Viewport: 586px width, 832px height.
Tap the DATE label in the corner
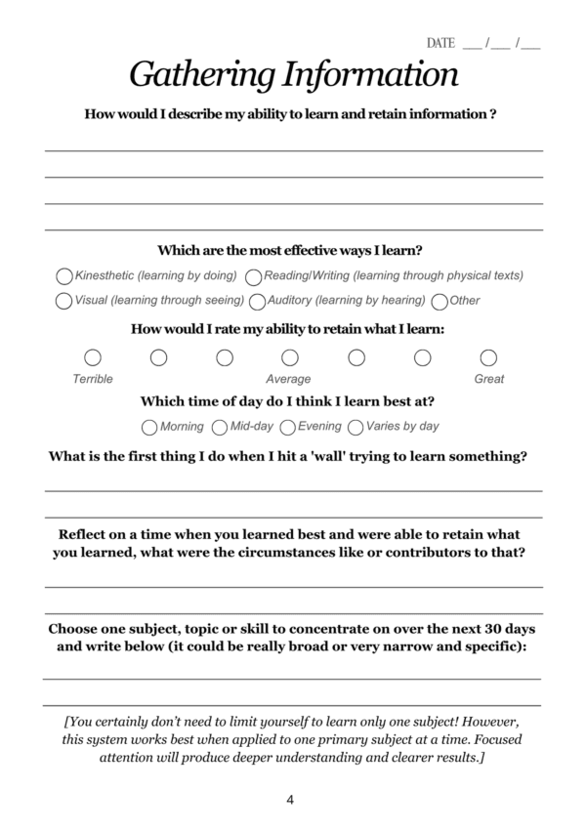440,43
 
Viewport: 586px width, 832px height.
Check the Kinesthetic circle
64,276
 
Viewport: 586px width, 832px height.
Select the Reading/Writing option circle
253,276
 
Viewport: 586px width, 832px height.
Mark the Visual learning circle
64,301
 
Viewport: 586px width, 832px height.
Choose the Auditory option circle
257,301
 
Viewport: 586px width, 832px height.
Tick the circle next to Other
439,301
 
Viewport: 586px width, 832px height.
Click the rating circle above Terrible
93,357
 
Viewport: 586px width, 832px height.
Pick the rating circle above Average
290,357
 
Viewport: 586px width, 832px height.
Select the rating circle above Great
488,357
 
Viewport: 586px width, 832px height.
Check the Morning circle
149,427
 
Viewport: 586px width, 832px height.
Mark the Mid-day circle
220,427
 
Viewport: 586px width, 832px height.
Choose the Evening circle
288,427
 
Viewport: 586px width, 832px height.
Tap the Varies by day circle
356,427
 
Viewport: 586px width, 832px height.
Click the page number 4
290,800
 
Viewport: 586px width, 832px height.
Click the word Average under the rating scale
288,379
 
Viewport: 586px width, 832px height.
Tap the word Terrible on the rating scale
93,379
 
